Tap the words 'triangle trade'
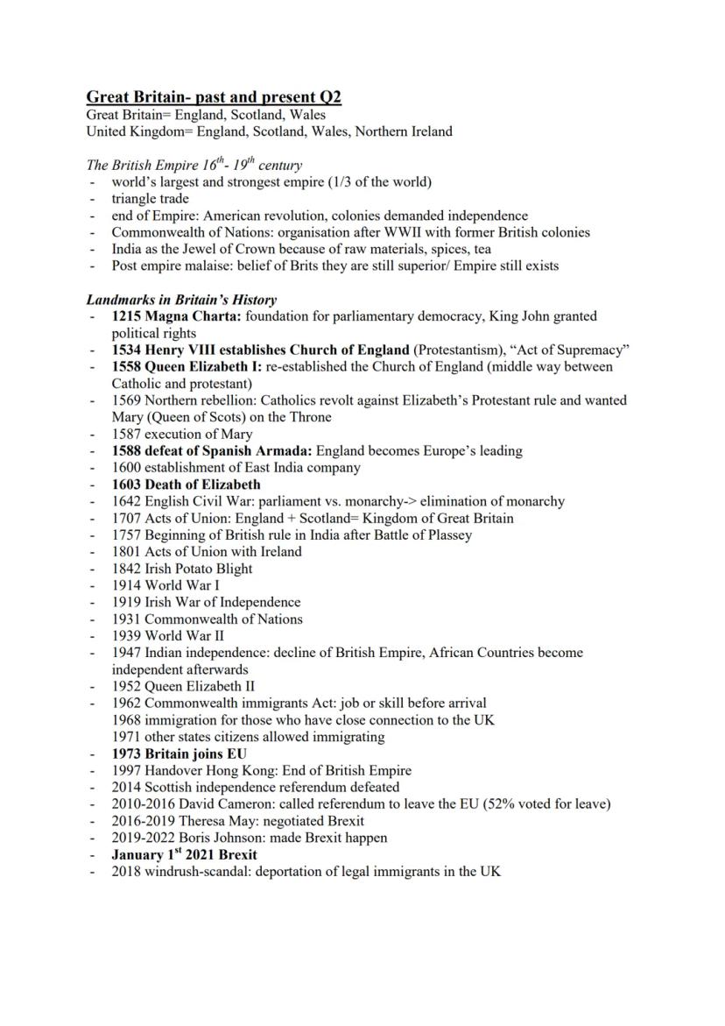click(x=150, y=199)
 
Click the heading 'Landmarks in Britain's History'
click(x=181, y=300)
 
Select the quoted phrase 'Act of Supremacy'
click(x=573, y=350)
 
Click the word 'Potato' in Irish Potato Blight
click(x=200, y=569)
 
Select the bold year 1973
click(x=127, y=754)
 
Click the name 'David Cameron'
click(x=226, y=804)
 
